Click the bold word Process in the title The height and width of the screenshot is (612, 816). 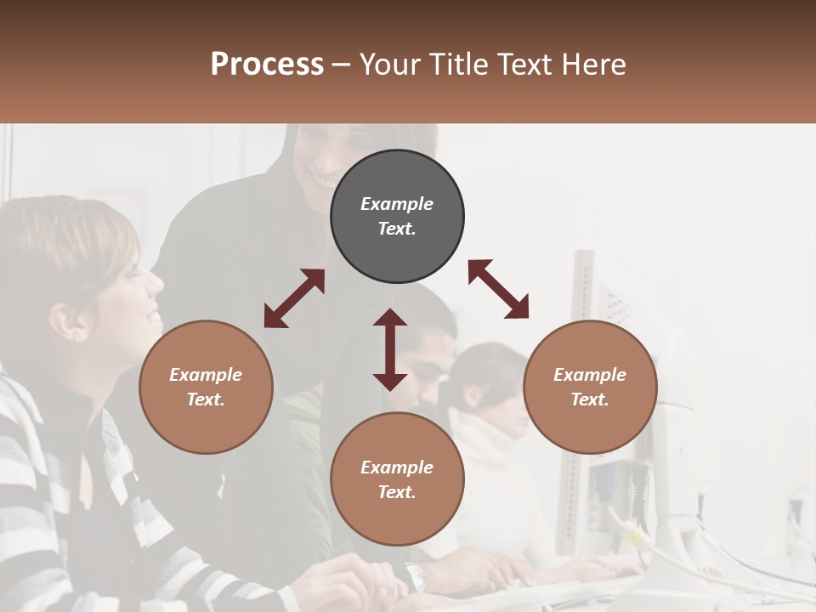[x=267, y=65]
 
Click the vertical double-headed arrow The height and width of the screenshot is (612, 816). [x=390, y=349]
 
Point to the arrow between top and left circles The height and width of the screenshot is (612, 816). [x=294, y=298]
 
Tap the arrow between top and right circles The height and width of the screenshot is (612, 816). [x=498, y=289]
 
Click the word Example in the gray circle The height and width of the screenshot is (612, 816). [x=397, y=204]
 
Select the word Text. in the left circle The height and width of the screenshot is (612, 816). [x=206, y=399]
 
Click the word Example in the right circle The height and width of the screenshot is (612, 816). [x=590, y=375]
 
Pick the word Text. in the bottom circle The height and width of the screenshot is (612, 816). [x=397, y=492]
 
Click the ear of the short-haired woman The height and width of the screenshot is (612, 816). [x=61, y=321]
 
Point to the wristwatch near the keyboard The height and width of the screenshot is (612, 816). [x=414, y=577]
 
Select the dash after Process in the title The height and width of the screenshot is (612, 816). [x=342, y=65]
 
